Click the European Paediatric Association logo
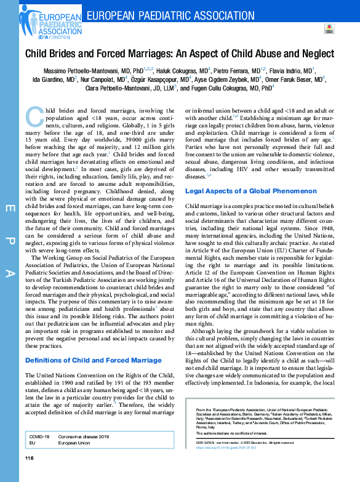click(x=41, y=22)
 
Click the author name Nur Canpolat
click(x=104, y=79)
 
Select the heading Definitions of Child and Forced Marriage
click(x=93, y=360)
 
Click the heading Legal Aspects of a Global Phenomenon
click(x=251, y=174)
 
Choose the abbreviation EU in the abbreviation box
click(x=33, y=442)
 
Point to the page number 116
click(x=29, y=459)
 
